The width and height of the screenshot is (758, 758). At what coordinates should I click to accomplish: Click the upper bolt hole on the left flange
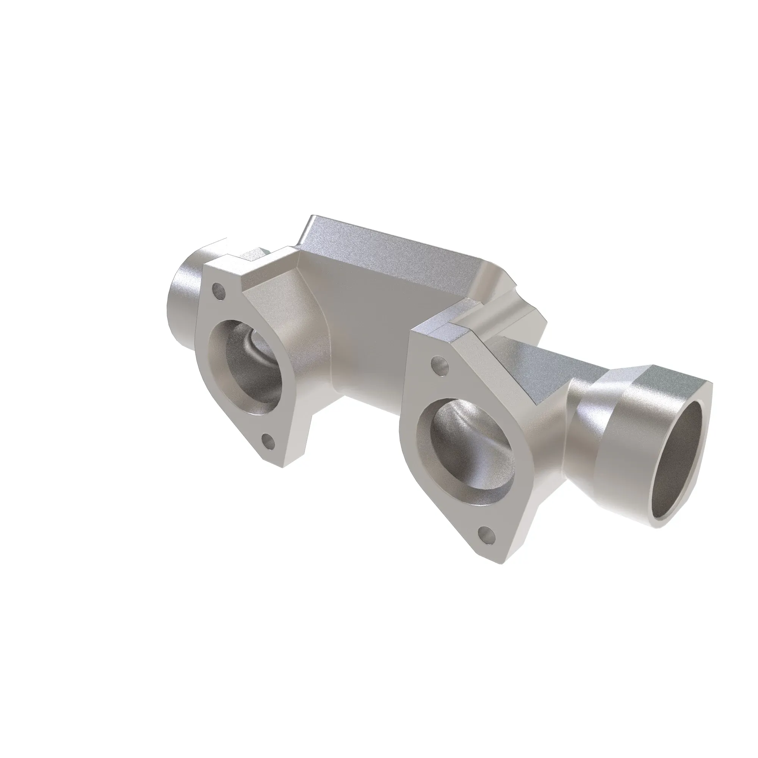pyautogui.click(x=218, y=291)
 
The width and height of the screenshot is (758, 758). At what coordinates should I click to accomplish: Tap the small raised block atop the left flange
pyautogui.click(x=251, y=255)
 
